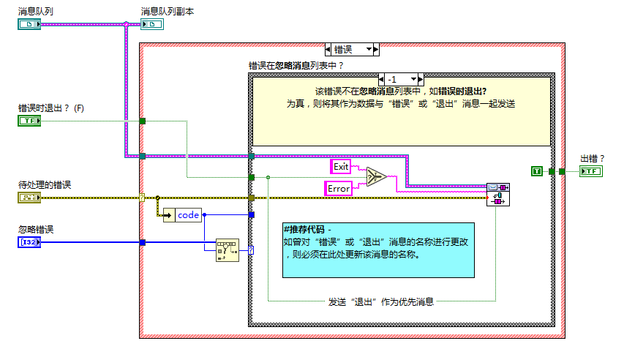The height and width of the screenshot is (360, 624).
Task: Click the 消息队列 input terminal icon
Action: [29, 24]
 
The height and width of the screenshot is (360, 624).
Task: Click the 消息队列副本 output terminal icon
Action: [152, 24]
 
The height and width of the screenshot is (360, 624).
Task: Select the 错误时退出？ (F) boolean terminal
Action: [29, 121]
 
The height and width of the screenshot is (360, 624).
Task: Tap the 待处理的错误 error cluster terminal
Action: [29, 197]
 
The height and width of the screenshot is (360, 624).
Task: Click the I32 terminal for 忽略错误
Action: [29, 242]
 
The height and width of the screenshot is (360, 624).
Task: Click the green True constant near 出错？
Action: [537, 171]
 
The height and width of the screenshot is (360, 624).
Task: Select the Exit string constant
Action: [342, 167]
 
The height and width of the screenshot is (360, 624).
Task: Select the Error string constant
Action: [338, 188]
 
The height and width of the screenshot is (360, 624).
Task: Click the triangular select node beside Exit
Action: [376, 178]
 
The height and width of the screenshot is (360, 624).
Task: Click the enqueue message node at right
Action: [498, 195]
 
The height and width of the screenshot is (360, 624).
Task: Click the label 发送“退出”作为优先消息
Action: [380, 301]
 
